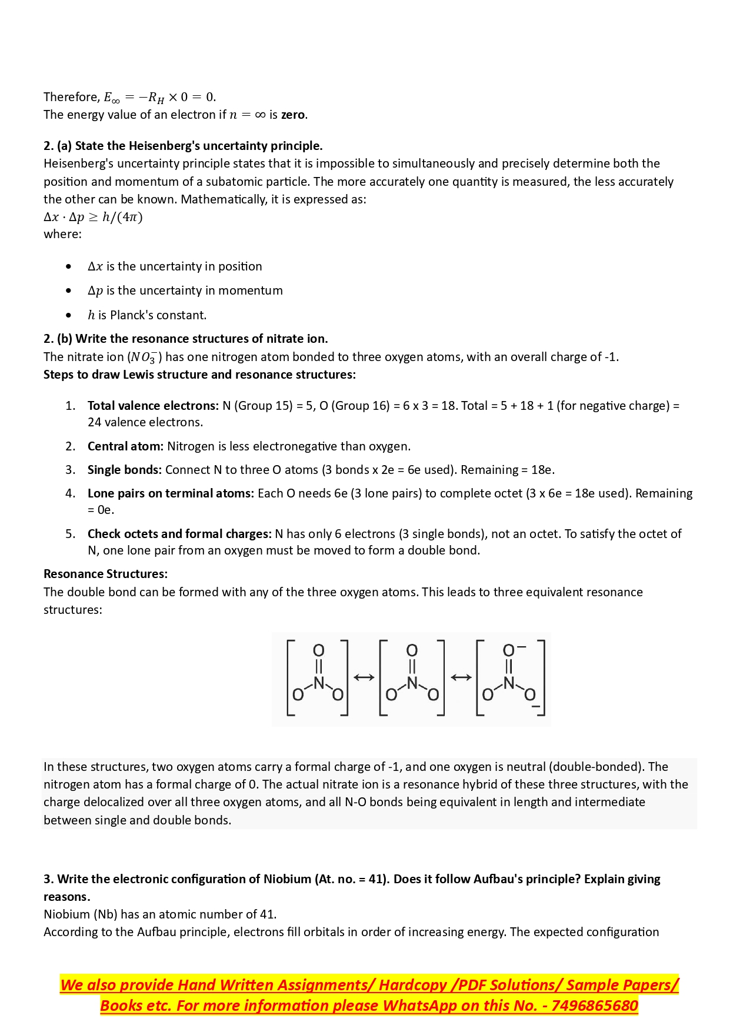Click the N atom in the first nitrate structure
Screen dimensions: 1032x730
point(318,683)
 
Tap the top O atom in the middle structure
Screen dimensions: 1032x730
point(412,650)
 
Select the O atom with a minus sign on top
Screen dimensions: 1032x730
point(509,650)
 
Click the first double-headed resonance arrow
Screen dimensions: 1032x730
point(364,677)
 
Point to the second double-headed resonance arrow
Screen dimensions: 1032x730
point(461,677)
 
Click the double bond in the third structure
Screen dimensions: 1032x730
point(509,666)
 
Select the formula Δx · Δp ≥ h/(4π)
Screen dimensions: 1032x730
point(93,217)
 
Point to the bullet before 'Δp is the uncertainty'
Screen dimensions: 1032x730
point(69,290)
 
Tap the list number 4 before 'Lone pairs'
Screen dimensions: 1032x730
point(70,493)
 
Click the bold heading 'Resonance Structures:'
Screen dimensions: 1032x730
point(105,574)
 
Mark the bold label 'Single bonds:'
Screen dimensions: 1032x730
point(124,470)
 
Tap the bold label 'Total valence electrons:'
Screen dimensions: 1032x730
point(153,406)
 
